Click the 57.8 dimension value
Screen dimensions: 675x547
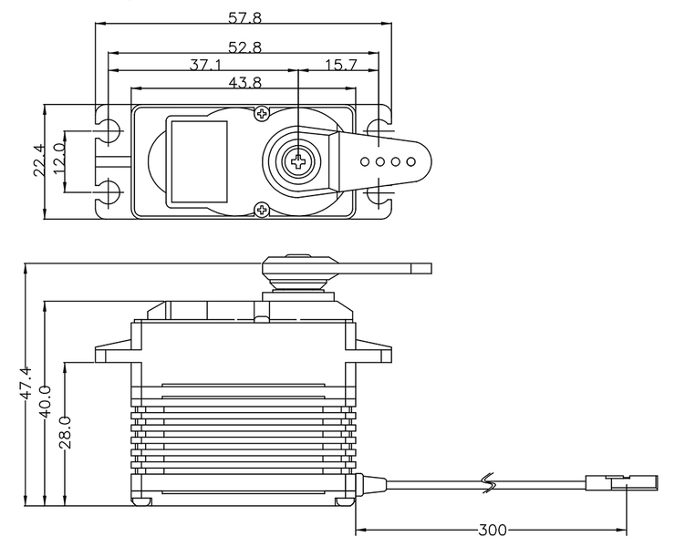(244, 18)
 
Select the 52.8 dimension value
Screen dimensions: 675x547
(244, 46)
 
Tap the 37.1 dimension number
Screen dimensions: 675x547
(205, 65)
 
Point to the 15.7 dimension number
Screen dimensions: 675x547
(341, 65)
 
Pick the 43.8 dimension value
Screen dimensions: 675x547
(244, 82)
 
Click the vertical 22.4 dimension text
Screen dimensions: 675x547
(39, 160)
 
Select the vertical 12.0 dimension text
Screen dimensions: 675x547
(59, 159)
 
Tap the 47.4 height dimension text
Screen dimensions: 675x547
(26, 383)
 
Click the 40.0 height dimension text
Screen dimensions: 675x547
(45, 401)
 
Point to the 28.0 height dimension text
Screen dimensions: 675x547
(65, 432)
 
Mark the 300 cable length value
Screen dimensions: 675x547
(493, 530)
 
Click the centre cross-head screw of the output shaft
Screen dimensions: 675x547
(298, 161)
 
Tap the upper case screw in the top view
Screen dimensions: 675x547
(262, 114)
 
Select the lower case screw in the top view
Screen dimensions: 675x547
(262, 210)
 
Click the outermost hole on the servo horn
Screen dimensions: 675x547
(410, 161)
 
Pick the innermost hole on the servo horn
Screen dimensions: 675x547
(365, 161)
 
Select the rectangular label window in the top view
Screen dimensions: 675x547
(199, 161)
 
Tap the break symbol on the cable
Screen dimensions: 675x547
(490, 484)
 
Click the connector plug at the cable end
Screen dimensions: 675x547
(621, 483)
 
